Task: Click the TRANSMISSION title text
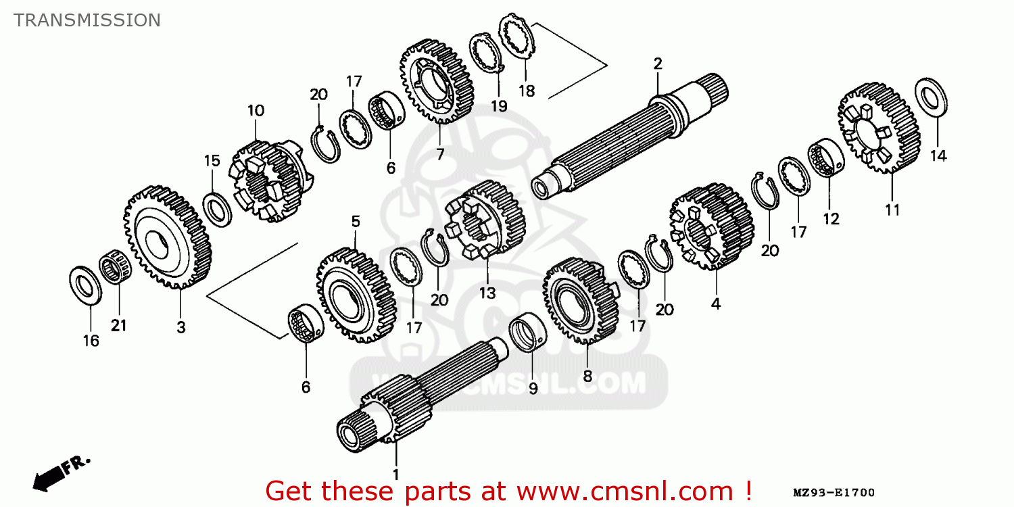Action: point(87,20)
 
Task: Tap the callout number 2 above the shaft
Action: point(658,64)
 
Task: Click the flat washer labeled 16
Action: point(86,285)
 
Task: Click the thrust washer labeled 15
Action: point(217,210)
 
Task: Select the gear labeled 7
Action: point(437,81)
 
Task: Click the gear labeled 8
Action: point(581,301)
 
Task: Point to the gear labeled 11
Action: point(879,128)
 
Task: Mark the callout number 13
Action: point(487,293)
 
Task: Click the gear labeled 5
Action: point(356,295)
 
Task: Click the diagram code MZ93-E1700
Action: point(834,493)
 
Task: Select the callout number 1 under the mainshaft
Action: point(395,475)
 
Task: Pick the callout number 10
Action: point(256,110)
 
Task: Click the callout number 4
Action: point(716,304)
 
